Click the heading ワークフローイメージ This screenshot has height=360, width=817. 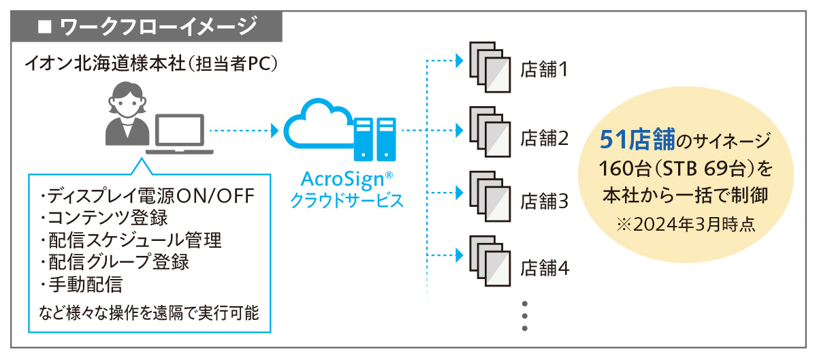coord(157,28)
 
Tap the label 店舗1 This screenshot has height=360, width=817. coord(544,69)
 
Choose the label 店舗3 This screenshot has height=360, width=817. coord(544,202)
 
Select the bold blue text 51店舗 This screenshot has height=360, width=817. coord(637,141)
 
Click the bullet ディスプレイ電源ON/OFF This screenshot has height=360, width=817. coord(148,197)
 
